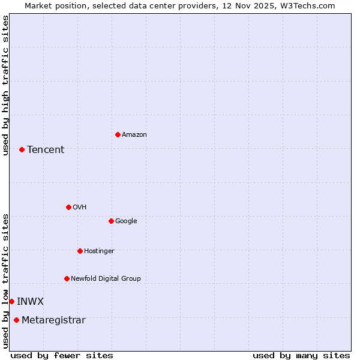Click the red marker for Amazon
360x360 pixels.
[x=118, y=134]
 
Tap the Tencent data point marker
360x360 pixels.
[x=22, y=149]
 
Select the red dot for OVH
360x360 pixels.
[x=68, y=207]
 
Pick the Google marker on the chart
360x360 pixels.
[x=111, y=221]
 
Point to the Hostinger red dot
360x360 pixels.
[x=80, y=251]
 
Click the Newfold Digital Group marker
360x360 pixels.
[x=67, y=278]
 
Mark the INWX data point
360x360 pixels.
[x=11, y=301]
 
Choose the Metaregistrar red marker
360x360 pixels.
[x=16, y=320]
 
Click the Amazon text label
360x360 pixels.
[x=134, y=135]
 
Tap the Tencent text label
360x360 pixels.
[x=46, y=150]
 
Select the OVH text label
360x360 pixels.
[x=80, y=208]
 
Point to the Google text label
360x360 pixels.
[x=126, y=221]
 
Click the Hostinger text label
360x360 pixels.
[x=99, y=251]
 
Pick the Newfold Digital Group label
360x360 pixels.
[x=106, y=279]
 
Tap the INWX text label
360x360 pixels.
[x=30, y=302]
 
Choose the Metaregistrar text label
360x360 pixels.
[x=53, y=320]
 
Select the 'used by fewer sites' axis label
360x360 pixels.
[x=62, y=355]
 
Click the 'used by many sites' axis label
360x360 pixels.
[x=301, y=355]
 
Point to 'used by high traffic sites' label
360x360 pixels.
[x=6, y=85]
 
